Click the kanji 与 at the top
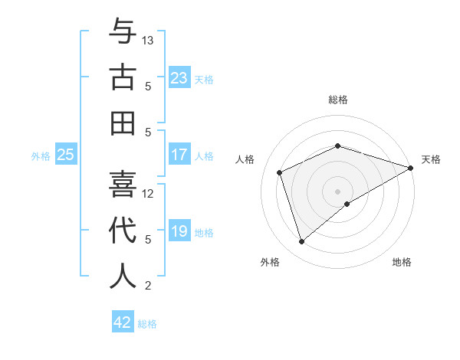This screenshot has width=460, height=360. coord(123,31)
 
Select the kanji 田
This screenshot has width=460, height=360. coord(123,123)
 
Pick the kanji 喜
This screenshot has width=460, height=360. coord(123,185)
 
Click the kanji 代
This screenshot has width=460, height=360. coord(123,231)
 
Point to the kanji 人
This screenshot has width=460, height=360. coord(123,276)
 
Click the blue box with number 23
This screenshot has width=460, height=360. coord(179,78)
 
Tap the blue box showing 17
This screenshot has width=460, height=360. coord(179,155)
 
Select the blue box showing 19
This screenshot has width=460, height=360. coord(179,231)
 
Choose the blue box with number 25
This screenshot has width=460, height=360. coord(65,155)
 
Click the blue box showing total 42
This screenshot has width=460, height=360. coord(122,322)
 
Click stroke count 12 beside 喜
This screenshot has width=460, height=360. coord(149,193)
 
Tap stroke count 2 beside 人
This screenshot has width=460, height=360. coord(149,286)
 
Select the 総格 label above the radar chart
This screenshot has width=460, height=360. coord(338,100)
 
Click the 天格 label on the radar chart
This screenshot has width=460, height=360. coord(431,159)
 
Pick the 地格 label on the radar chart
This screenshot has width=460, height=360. coord(402,263)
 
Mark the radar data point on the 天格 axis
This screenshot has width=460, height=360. coord(411,167)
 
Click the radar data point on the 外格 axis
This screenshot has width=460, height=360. coord(301,242)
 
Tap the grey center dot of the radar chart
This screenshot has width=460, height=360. coord(338,191)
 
